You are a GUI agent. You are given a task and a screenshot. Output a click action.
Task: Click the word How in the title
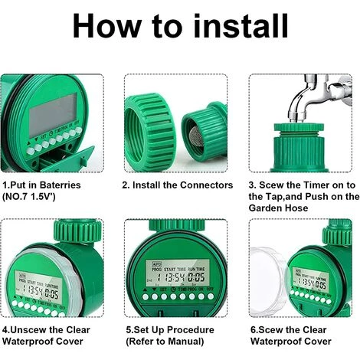[112, 26]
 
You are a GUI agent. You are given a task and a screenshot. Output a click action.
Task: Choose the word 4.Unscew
[26, 329]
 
